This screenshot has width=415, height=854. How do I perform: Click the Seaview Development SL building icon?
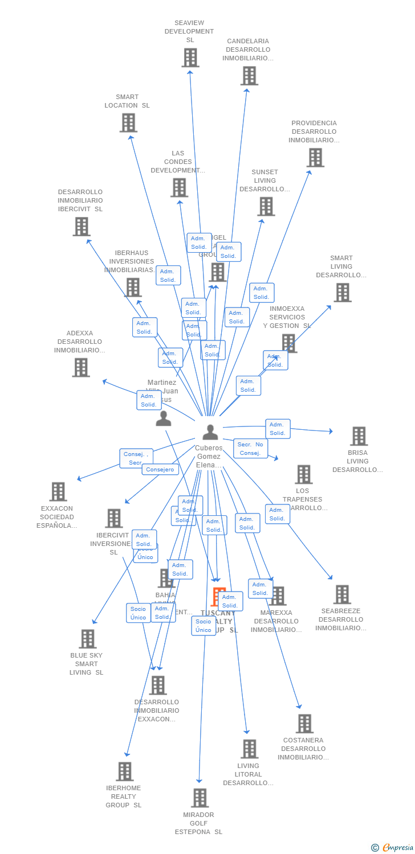pos(190,58)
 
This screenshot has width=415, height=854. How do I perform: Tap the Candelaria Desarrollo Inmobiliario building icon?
pos(249,76)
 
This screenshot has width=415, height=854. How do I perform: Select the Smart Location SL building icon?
pos(128,122)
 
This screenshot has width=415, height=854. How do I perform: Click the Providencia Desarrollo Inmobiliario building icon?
pos(315,158)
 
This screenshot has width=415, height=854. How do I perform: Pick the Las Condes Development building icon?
pos(179,187)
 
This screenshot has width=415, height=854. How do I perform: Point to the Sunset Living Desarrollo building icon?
pos(266,206)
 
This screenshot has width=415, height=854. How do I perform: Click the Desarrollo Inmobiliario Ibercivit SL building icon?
pos(82,227)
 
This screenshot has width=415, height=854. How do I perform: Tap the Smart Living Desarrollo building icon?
pos(342,292)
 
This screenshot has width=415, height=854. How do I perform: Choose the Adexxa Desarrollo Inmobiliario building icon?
pos(81,367)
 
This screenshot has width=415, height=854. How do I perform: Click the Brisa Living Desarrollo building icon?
pos(359,436)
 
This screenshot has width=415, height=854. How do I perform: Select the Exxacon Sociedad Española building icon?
pos(58,491)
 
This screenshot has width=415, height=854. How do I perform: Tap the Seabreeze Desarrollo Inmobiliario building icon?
pos(342,594)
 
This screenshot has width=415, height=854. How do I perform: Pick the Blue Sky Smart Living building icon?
pos(87,639)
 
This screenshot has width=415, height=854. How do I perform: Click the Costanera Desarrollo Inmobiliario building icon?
pos(304,724)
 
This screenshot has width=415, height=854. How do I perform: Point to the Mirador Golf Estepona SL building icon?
pos(200,798)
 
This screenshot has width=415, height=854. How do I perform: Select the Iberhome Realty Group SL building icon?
pos(124,771)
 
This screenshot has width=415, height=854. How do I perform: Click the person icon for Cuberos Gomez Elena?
pos(210,432)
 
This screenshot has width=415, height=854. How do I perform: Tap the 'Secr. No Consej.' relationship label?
pos(250,449)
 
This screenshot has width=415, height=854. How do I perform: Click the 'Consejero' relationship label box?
pos(160,470)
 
